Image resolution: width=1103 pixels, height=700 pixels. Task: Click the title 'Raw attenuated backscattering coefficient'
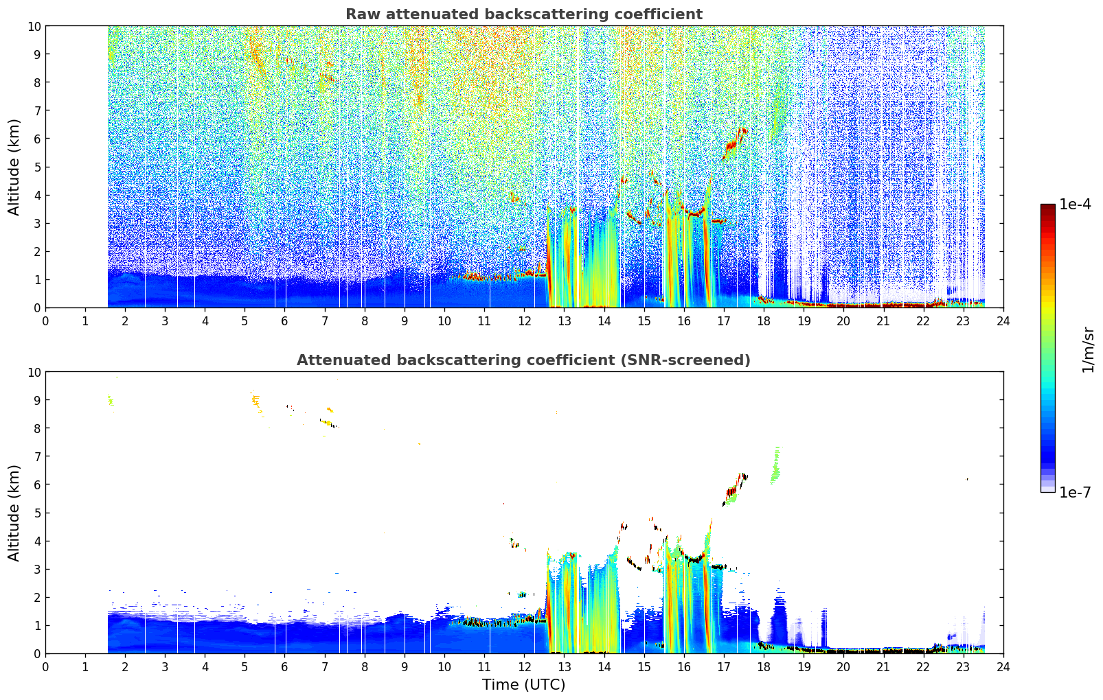(x=524, y=14)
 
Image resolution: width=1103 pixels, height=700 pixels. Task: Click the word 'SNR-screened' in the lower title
(x=683, y=360)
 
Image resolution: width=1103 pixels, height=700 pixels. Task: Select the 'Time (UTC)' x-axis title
(x=524, y=684)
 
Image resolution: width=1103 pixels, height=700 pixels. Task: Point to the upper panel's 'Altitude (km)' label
(x=13, y=167)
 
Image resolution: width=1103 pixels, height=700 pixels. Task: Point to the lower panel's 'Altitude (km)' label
(x=13, y=513)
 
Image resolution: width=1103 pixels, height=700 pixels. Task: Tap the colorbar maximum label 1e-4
(x=1075, y=204)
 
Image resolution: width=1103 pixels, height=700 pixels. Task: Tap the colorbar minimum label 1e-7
(x=1075, y=493)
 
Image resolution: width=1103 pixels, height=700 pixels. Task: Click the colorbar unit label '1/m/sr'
(x=1088, y=349)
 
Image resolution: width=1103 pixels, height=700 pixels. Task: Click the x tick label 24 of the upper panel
(x=1003, y=322)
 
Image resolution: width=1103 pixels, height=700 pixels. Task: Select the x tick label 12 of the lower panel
(x=525, y=668)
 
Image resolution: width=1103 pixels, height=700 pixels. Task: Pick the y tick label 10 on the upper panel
(x=34, y=27)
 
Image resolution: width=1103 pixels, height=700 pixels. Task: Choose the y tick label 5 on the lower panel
(x=37, y=513)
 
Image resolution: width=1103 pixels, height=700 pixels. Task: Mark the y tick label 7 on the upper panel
(x=37, y=110)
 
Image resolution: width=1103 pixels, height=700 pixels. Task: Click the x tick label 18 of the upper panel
(x=764, y=322)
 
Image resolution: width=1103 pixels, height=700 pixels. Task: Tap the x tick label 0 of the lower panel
(x=46, y=668)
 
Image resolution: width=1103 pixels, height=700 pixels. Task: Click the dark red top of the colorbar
(x=1048, y=207)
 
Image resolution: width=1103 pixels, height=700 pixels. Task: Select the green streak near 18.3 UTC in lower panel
(x=775, y=465)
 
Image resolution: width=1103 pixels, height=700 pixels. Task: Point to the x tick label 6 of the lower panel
(x=284, y=668)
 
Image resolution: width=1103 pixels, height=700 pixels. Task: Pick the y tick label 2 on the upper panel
(x=37, y=252)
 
